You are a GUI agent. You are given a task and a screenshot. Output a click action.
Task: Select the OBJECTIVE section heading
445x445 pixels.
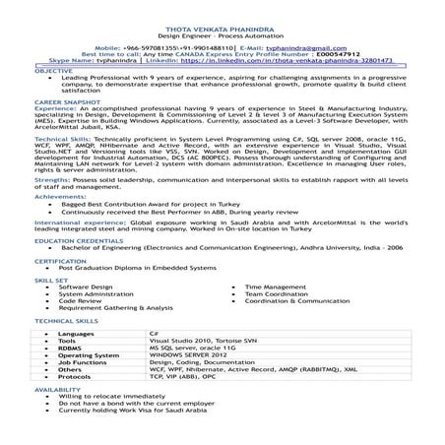coord(54,72)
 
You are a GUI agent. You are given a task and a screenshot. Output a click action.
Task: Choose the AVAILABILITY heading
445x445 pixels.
coord(59,390)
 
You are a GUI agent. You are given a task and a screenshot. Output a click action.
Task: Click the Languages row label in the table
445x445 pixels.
coord(76,334)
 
